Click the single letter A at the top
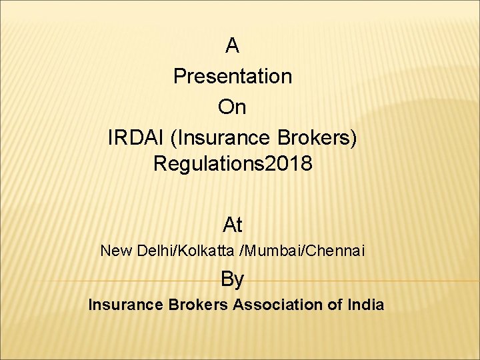click(232, 46)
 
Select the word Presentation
click(232, 77)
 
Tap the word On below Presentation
click(232, 107)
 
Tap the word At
click(232, 225)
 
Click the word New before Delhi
click(116, 251)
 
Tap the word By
click(232, 279)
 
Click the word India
click(366, 305)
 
